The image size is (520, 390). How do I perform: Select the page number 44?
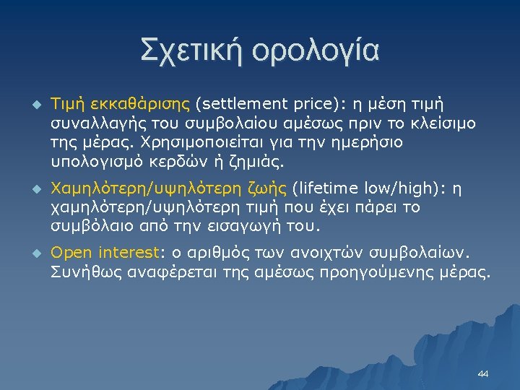click(483, 374)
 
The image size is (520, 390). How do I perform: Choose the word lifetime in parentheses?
click(323, 189)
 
